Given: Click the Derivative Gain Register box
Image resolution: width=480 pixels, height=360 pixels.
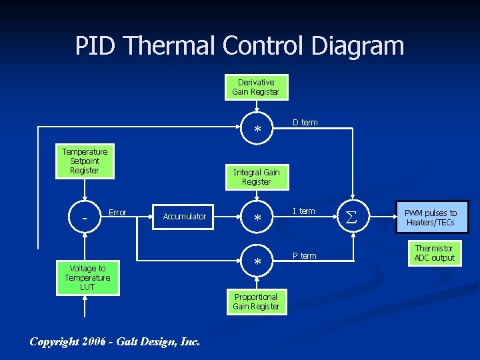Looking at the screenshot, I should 255,87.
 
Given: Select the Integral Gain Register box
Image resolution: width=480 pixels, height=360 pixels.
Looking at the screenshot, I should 256,177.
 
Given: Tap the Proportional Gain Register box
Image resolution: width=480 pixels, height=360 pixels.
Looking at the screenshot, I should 255,301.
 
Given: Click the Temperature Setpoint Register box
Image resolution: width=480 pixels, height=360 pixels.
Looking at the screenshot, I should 84,161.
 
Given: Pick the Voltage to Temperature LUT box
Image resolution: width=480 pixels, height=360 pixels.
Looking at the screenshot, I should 87,277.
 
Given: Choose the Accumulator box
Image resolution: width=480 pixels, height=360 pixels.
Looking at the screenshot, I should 184,216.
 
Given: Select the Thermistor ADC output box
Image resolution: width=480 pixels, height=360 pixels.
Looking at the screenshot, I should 434,253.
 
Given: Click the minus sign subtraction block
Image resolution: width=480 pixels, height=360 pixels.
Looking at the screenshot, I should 84,217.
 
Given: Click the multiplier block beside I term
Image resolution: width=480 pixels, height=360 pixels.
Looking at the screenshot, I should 257,217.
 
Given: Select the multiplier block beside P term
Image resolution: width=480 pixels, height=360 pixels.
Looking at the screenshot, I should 257,263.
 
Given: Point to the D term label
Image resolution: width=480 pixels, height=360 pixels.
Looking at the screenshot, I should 305,123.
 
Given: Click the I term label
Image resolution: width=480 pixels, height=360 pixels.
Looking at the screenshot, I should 304,211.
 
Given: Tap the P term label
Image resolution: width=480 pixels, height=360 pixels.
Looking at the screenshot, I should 305,256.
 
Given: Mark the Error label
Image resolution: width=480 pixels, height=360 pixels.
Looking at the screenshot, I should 117,213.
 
